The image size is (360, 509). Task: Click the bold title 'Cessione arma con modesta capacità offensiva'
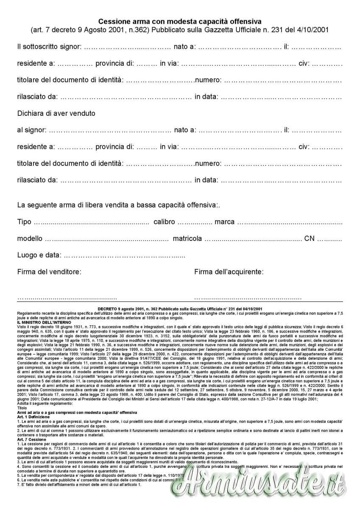180,21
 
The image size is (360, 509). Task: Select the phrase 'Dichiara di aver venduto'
56,113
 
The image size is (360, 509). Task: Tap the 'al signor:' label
31,130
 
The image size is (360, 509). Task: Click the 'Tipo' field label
24,222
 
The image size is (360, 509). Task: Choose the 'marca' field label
225,222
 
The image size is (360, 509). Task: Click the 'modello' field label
30,238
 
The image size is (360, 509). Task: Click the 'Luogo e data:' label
39,255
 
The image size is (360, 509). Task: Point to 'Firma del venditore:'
49,272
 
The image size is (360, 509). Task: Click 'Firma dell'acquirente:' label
229,272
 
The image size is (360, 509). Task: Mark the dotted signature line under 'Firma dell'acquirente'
248,298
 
